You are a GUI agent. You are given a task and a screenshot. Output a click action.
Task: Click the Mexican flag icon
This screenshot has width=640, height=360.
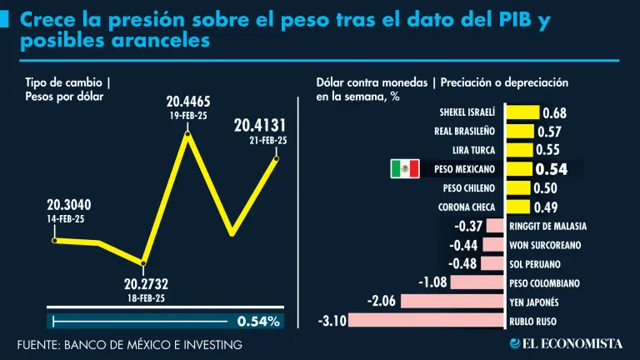(405, 169)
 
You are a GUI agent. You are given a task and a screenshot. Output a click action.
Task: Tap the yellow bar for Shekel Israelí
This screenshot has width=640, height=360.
(522, 112)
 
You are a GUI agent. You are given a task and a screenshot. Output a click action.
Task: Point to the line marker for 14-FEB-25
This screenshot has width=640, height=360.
(53, 241)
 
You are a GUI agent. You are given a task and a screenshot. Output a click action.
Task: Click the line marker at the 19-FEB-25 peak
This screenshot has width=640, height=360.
(188, 133)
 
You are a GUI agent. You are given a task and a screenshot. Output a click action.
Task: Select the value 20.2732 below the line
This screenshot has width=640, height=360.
(147, 284)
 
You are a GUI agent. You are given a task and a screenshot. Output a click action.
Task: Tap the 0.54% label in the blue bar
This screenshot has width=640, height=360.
(258, 321)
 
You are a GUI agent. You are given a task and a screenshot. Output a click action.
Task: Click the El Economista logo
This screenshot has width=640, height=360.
(567, 343)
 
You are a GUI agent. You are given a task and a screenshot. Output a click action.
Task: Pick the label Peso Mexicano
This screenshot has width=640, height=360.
(465, 169)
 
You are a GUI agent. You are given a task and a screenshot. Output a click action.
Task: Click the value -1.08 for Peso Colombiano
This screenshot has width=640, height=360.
(432, 282)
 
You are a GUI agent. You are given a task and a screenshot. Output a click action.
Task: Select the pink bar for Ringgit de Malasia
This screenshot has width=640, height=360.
(496, 226)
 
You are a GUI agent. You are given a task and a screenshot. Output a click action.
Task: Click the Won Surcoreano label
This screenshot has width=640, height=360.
(544, 245)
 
